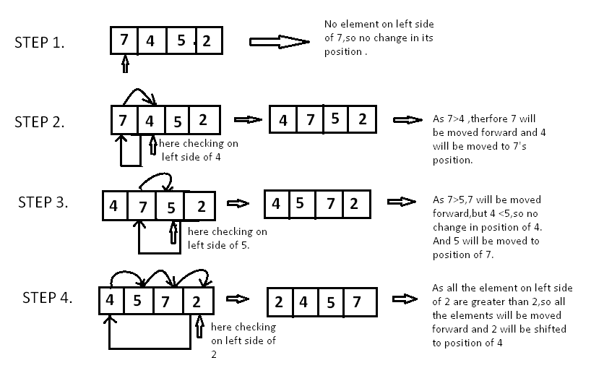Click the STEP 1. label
(40, 42)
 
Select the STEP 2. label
(40, 121)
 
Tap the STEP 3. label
(43, 202)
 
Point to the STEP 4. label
(47, 297)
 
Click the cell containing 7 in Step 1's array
(124, 40)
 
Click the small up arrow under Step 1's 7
(125, 65)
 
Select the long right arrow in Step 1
(279, 42)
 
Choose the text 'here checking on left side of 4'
(198, 150)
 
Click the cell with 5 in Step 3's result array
(300, 203)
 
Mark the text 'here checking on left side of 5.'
(227, 238)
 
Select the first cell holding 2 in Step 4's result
(279, 301)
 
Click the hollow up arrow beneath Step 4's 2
(200, 329)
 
